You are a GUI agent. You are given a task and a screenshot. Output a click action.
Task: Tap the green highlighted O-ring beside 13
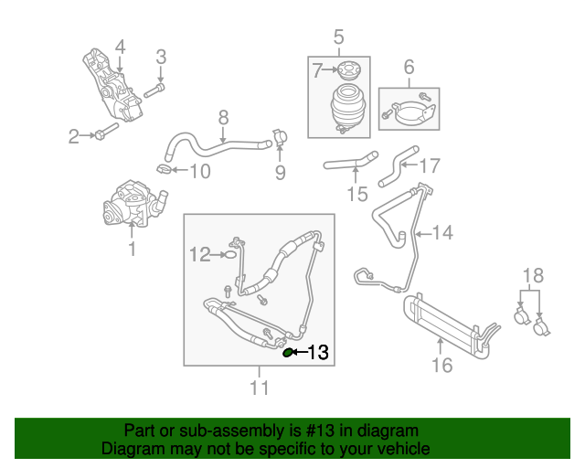click(x=289, y=352)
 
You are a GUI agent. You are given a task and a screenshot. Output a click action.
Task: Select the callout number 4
click(x=119, y=47)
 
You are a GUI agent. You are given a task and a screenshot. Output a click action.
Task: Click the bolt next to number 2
click(x=103, y=135)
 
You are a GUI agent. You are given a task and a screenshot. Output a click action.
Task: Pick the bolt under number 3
click(x=155, y=90)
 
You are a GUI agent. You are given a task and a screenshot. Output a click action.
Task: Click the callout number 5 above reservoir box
click(x=338, y=37)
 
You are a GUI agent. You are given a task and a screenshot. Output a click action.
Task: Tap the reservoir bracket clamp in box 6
click(x=410, y=113)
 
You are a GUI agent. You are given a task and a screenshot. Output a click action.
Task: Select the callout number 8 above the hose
click(x=223, y=117)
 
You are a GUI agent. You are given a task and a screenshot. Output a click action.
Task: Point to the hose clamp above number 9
click(x=278, y=140)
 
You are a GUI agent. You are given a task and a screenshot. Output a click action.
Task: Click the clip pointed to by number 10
click(x=163, y=169)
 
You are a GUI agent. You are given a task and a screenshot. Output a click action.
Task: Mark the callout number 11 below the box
click(x=260, y=388)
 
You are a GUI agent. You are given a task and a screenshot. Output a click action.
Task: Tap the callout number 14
click(x=442, y=233)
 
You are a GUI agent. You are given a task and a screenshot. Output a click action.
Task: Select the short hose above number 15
click(x=349, y=165)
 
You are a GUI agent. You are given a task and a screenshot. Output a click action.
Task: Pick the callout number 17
click(x=430, y=166)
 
